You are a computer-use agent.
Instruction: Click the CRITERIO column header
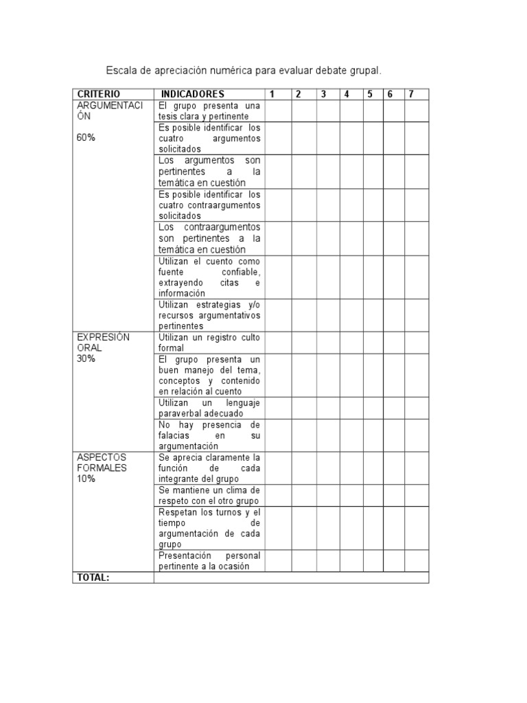pos(99,94)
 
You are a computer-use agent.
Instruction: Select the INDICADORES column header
pos(193,94)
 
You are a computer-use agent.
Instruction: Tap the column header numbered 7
pos(411,94)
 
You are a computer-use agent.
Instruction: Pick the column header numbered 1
pos(272,94)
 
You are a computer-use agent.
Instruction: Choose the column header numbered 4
pos(347,94)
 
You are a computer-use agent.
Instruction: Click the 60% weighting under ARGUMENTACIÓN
pos(86,138)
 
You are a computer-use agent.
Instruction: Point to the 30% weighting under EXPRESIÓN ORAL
pos(86,359)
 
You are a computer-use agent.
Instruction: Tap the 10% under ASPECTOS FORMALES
pos(86,479)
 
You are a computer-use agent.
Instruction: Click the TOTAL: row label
pos(93,577)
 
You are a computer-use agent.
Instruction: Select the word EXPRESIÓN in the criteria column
pos(103,337)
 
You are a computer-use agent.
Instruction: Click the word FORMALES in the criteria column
pos(102,468)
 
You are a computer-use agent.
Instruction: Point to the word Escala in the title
pos(119,71)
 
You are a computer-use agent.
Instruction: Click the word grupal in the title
pos(363,71)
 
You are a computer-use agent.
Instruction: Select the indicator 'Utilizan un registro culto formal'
pos(209,343)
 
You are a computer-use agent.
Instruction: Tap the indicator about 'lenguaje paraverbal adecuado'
pos(209,408)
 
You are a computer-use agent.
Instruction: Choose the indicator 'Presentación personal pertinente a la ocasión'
pos(209,560)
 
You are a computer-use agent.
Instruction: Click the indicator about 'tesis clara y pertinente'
pos(209,111)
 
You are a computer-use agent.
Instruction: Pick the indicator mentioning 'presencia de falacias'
pos(209,435)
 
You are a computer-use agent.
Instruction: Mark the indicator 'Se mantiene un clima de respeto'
pos(209,496)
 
